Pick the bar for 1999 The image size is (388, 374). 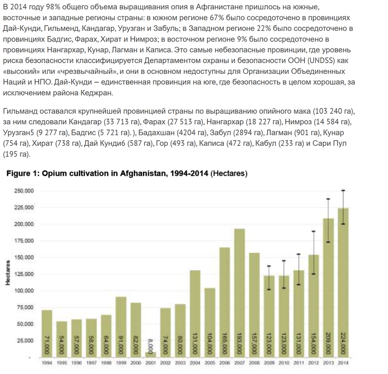(x=121, y=327)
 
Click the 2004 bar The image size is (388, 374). (x=195, y=313)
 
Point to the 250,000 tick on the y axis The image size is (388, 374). (x=24, y=191)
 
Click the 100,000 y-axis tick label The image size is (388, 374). (x=24, y=290)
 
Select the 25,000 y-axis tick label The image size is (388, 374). (x=25, y=340)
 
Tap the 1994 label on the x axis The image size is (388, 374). (x=47, y=363)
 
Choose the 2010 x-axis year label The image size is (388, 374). (x=283, y=363)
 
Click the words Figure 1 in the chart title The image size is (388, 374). (x=23, y=174)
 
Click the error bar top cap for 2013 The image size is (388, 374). (x=328, y=199)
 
